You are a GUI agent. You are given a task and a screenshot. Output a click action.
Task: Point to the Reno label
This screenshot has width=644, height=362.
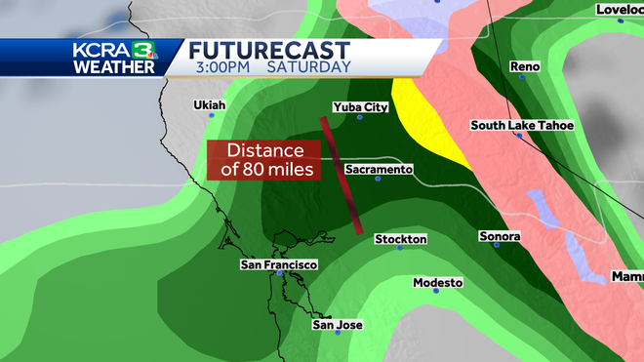525,66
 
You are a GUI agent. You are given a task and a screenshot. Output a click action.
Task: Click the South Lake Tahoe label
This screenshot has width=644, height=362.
522,125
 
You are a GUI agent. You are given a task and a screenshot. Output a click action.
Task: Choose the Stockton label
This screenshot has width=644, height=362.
400,238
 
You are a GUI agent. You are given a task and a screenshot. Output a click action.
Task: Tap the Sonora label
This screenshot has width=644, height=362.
500,236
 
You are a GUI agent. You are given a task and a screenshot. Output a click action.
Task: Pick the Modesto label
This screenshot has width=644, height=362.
437,282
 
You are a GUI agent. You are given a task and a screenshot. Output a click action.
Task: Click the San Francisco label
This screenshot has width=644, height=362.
279,264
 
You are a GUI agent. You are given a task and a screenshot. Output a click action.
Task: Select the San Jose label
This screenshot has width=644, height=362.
336,324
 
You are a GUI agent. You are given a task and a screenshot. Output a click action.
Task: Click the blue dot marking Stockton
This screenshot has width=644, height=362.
400,248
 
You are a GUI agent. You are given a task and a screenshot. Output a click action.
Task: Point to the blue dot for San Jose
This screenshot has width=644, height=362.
338,334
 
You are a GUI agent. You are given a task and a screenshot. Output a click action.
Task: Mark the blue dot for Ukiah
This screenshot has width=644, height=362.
208,115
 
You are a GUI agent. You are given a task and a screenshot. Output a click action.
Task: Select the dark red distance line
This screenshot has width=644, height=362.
342,176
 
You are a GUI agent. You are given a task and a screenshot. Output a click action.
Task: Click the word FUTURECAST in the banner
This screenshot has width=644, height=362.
269,48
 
